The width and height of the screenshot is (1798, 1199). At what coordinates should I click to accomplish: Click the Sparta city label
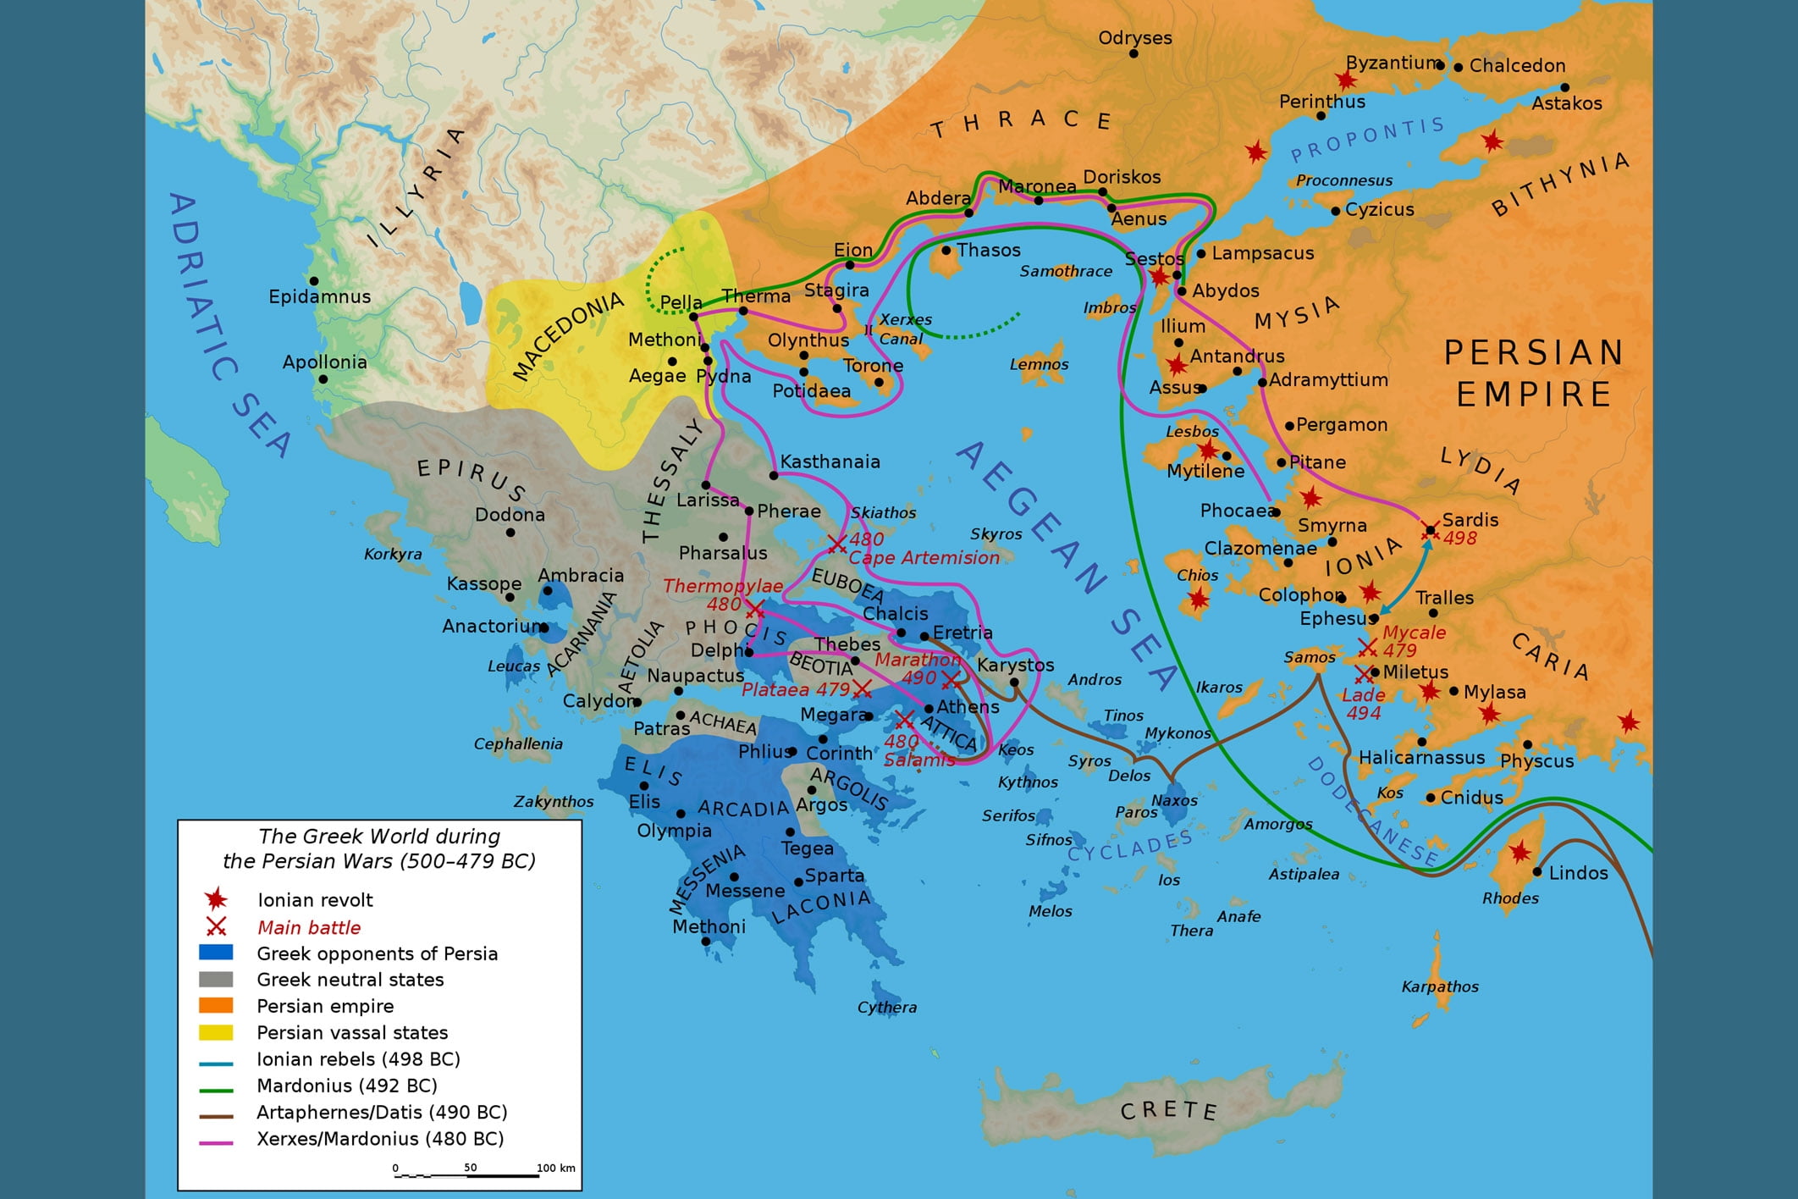tap(834, 875)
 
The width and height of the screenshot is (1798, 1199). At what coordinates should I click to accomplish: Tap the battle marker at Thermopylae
tap(754, 609)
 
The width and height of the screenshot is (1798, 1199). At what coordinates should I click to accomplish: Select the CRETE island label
tap(1168, 1110)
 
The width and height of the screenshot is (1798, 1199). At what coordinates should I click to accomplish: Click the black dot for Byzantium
tap(1441, 65)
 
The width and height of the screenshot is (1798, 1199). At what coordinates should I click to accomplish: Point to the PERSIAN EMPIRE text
tap(1533, 373)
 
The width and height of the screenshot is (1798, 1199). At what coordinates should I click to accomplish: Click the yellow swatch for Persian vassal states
tap(216, 1032)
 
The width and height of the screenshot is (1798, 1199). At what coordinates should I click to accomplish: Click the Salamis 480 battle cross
tap(904, 721)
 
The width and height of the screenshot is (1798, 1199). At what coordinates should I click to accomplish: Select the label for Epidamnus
tap(319, 296)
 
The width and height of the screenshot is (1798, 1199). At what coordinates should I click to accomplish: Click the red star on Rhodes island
tap(1520, 851)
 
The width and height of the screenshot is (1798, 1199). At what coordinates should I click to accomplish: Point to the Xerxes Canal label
tap(904, 329)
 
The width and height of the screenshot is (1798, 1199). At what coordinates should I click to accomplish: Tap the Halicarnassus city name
tap(1421, 757)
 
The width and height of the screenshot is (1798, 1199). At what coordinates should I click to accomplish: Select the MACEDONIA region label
tap(568, 335)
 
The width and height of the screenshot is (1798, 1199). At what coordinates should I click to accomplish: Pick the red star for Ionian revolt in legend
tap(216, 899)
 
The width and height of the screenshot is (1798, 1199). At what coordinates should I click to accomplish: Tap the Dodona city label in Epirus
tap(510, 514)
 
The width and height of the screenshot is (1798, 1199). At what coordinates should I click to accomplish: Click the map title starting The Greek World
tap(379, 848)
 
